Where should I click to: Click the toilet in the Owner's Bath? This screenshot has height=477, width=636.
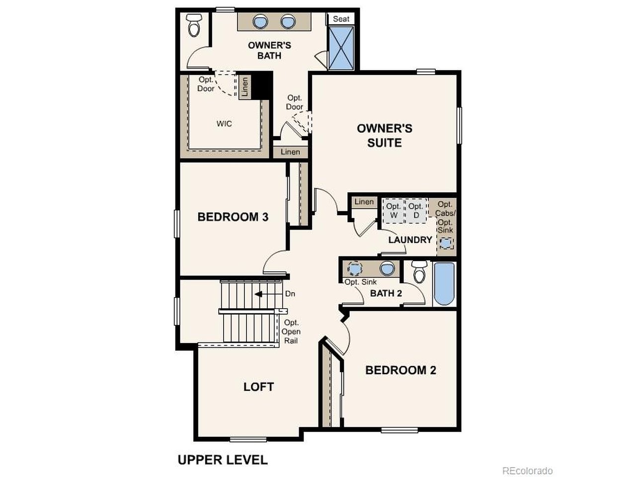point(194,25)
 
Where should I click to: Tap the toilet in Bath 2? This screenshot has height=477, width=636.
point(419,272)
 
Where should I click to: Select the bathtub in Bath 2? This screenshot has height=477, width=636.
point(444,284)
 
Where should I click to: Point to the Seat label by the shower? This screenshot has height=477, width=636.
point(341,19)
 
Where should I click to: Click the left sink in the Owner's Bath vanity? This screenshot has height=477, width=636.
point(260,22)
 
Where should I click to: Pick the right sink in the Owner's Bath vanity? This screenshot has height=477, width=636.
point(288,22)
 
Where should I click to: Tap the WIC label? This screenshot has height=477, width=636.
point(224,124)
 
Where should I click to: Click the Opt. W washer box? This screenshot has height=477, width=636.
point(393,211)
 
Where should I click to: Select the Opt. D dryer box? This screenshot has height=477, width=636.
point(416,211)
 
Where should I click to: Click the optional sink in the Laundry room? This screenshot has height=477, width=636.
point(446,243)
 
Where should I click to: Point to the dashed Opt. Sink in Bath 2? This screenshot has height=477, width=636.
point(355,269)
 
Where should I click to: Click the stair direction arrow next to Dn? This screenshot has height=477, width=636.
point(258,294)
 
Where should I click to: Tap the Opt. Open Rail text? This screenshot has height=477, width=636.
point(291,331)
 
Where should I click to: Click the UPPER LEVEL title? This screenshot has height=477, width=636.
point(223,460)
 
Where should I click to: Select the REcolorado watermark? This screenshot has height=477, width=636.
point(527,471)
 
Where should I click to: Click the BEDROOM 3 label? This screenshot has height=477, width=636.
point(233,217)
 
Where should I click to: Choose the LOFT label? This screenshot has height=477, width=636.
point(258,387)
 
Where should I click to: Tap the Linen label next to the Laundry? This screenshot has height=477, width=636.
point(364,202)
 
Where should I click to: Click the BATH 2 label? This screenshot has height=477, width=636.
point(386,293)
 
